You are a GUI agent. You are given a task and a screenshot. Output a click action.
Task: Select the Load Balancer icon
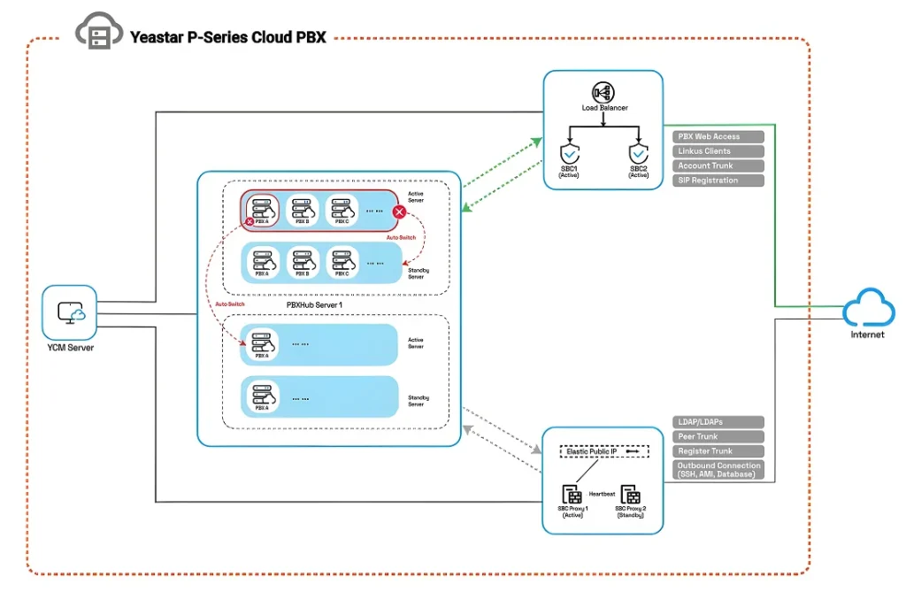(604, 92)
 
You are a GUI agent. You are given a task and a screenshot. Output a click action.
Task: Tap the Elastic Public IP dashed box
(604, 451)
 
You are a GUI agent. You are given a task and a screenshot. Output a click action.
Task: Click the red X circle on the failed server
(399, 212)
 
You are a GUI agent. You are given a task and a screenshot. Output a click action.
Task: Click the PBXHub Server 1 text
(314, 304)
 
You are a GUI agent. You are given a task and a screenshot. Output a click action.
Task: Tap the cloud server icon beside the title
(97, 33)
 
